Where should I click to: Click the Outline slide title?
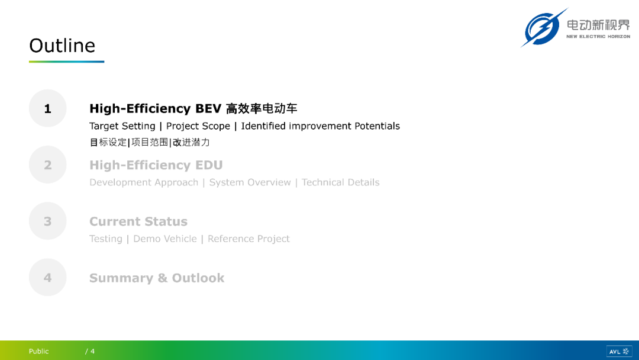(x=62, y=45)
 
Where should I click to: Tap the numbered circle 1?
(x=48, y=108)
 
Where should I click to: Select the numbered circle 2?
(x=48, y=165)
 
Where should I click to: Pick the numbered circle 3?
(x=48, y=221)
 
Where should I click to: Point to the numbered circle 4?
(x=48, y=277)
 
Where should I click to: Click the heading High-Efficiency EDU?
(x=156, y=165)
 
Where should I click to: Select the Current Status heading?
(x=138, y=221)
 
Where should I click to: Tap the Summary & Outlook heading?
(x=157, y=278)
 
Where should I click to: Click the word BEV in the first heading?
(x=208, y=108)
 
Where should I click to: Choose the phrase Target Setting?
(x=122, y=126)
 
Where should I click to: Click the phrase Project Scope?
(x=198, y=126)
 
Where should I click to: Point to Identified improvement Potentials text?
(x=320, y=126)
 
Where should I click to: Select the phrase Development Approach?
(x=144, y=182)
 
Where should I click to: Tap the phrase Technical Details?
(x=340, y=182)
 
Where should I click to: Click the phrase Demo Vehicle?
(x=165, y=239)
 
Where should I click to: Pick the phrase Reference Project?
(x=248, y=239)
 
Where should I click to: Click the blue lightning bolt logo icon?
(x=543, y=28)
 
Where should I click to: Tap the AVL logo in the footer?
(x=619, y=352)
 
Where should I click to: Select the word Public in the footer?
(x=38, y=351)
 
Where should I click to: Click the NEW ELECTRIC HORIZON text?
(x=598, y=36)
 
